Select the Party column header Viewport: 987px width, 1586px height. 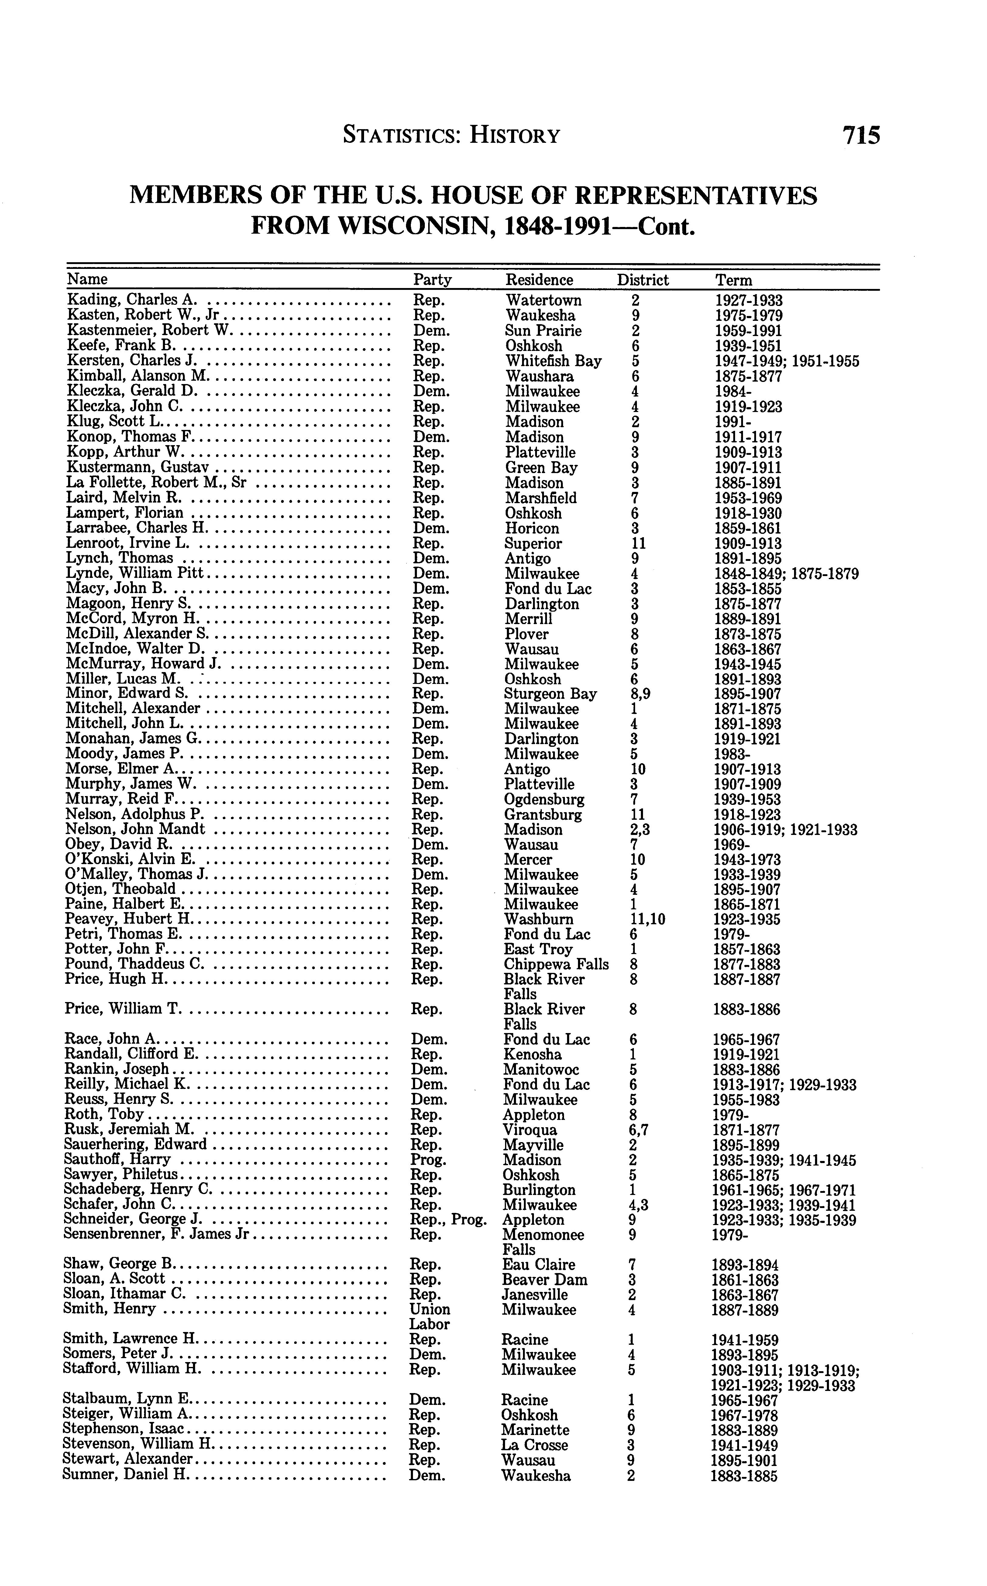[432, 280]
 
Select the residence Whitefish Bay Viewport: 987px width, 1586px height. [553, 361]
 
